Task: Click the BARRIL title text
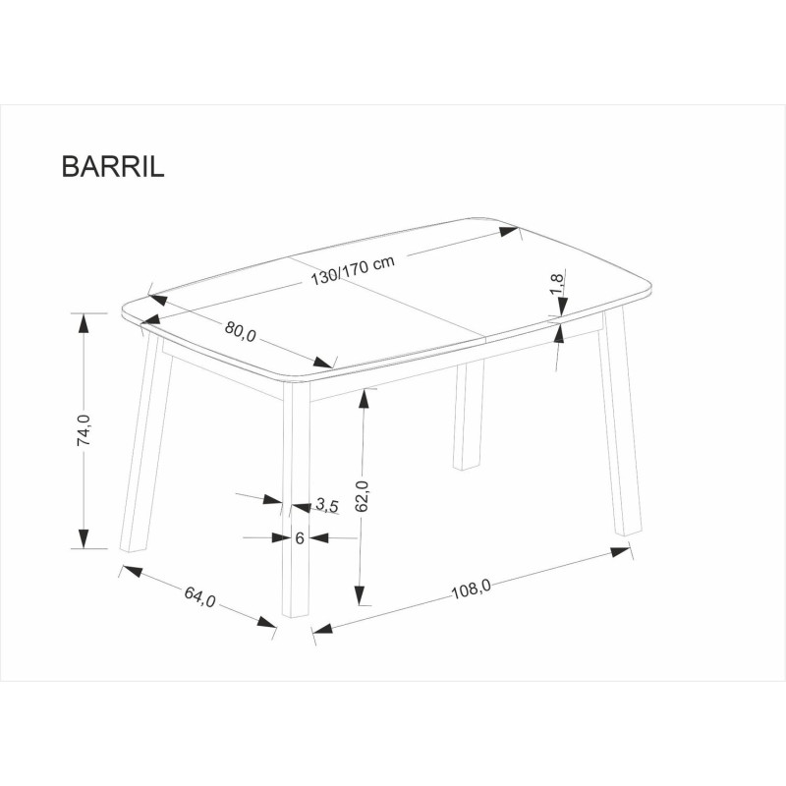click(x=113, y=165)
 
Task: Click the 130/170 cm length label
click(x=354, y=271)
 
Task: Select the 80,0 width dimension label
click(x=240, y=331)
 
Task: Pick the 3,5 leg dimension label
click(x=327, y=506)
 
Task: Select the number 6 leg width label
click(x=299, y=537)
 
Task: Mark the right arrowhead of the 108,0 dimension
click(x=621, y=552)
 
